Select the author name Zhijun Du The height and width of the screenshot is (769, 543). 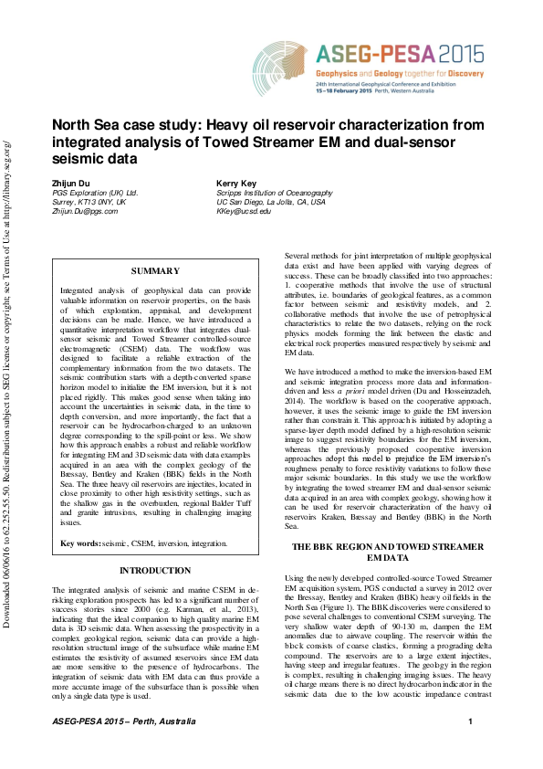70,184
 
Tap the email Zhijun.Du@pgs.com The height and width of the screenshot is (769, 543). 85,211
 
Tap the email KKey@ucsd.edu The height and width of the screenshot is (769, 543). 244,211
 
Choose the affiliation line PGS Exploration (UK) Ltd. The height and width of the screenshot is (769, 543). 95,193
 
